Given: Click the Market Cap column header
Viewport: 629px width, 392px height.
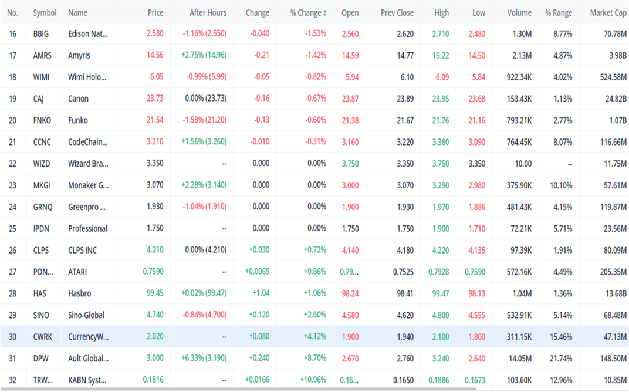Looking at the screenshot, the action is coord(608,13).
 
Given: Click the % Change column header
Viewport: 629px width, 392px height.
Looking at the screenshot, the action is coord(305,13).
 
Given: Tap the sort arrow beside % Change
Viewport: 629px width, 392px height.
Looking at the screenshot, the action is coord(324,13).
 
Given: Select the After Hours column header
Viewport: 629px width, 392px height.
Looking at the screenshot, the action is coord(208,13).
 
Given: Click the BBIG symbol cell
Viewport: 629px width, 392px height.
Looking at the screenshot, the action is coord(41,33).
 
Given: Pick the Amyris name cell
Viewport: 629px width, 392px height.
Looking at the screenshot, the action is coord(79,55).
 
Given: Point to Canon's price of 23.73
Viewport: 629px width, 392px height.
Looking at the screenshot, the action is coord(155,99).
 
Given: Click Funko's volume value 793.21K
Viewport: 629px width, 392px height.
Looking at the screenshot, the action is coord(519,120).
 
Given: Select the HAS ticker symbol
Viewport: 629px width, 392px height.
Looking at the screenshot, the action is coord(39,293).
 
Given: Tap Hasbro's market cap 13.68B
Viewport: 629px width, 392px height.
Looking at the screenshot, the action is coord(616,293).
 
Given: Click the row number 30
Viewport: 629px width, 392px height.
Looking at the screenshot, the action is coord(12,337).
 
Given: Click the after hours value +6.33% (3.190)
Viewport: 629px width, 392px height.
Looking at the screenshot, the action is coord(204,358).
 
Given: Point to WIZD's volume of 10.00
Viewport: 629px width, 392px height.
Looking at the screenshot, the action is coord(523,163).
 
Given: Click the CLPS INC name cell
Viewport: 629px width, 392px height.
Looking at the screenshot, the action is coord(82,250).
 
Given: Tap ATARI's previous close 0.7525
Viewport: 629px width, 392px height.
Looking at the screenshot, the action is coord(403,272).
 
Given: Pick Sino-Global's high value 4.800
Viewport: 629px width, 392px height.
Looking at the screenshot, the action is coord(441,315).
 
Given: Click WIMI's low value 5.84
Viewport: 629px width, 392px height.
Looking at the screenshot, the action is coord(479,77).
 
